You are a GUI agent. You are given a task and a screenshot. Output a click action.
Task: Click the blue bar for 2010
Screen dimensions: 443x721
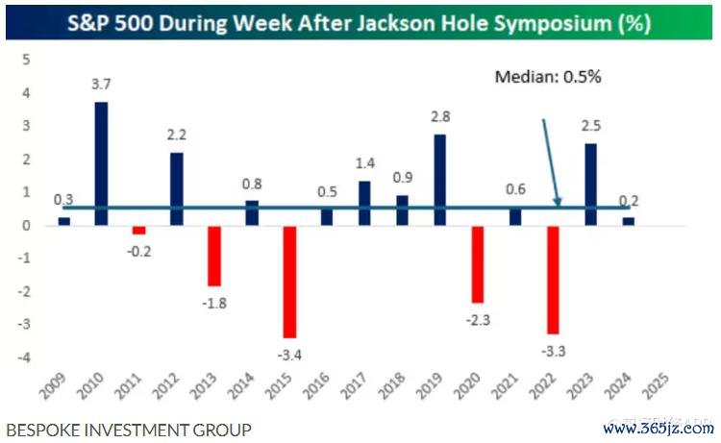(x=101, y=163)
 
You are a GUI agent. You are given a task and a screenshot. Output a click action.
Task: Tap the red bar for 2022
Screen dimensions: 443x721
(x=553, y=280)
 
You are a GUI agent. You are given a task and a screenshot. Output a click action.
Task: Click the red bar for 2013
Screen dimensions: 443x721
(x=214, y=256)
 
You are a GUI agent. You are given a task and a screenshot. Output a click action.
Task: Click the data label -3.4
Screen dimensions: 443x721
(x=289, y=354)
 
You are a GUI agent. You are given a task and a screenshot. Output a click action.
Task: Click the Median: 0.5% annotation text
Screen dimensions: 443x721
(x=549, y=77)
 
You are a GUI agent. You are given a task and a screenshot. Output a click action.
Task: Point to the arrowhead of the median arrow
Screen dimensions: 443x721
(x=559, y=203)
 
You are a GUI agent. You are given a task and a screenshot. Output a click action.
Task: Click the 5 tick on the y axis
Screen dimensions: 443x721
(x=27, y=60)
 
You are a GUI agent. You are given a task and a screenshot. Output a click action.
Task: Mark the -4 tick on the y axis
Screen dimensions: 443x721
(x=24, y=357)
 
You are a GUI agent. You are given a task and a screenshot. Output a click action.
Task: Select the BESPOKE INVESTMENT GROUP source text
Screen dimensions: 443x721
(x=128, y=430)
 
